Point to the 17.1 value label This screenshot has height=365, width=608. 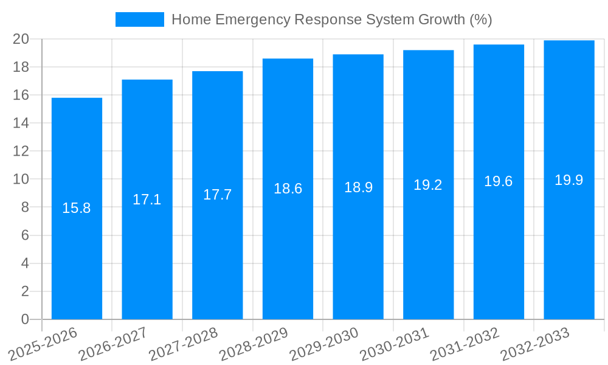pos(147,200)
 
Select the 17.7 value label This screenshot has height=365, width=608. pos(217,195)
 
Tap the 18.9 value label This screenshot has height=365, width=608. pos(358,187)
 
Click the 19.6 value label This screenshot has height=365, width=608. pos(499,181)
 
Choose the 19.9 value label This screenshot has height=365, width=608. pos(569,180)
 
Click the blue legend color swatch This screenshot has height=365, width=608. pos(140,19)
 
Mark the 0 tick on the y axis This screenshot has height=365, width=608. pos(25,319)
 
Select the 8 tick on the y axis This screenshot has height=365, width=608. pos(25,207)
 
